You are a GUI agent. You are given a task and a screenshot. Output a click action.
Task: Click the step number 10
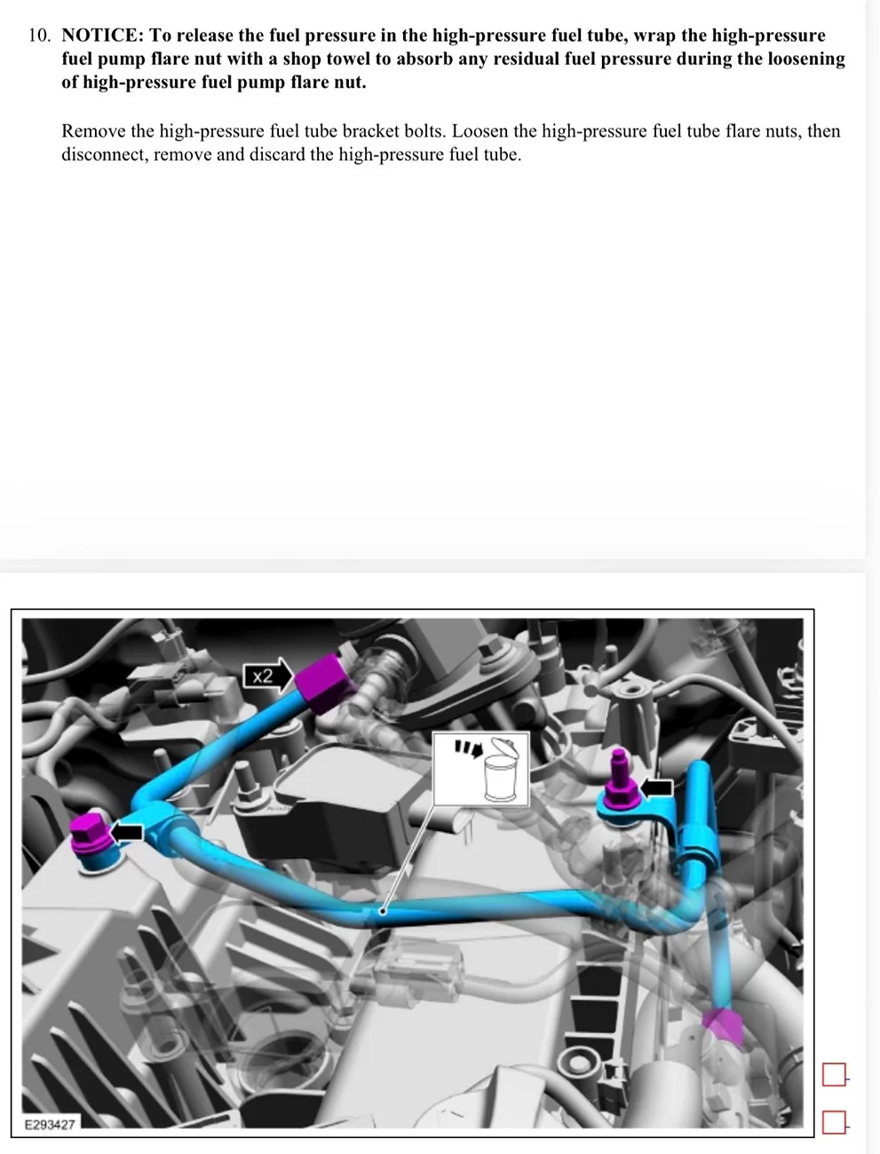tap(39, 36)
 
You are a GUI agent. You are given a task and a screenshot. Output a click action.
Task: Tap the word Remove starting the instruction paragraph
tap(93, 130)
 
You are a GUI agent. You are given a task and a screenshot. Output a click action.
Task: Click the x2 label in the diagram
tap(262, 676)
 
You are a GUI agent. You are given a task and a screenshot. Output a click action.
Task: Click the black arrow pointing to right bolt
tap(656, 787)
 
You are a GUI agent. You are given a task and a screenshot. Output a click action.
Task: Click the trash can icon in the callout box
tap(501, 769)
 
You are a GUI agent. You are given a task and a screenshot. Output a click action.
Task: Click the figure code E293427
tap(50, 1125)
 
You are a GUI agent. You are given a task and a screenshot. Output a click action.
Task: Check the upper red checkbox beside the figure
tap(834, 1074)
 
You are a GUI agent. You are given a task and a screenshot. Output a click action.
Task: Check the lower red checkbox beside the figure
tap(834, 1122)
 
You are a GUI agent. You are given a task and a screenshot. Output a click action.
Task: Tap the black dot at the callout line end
tap(383, 911)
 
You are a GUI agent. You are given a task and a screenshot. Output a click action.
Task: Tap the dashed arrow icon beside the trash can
tap(468, 748)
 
